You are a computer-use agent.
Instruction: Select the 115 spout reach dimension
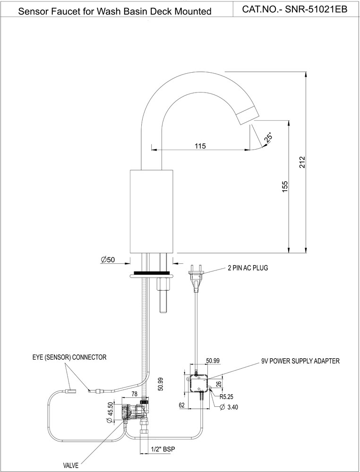point(200,146)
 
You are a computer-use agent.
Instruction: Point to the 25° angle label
point(268,137)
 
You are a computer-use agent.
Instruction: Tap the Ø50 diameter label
point(108,260)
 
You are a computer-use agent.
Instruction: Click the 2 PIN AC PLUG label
point(248,268)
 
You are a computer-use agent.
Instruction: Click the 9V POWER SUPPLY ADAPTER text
point(300,361)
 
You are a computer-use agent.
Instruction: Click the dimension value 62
point(181,405)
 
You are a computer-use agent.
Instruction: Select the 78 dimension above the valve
point(134,394)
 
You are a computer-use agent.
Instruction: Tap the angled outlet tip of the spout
point(248,115)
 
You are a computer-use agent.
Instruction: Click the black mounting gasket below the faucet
point(154,273)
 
